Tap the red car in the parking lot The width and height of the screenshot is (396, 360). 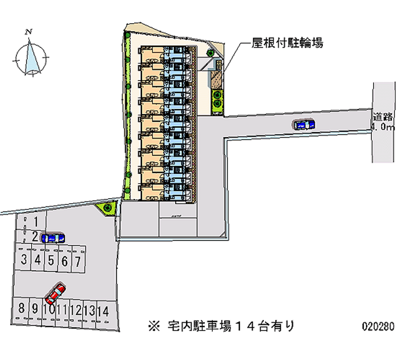(55, 294)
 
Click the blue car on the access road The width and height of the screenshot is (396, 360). (303, 125)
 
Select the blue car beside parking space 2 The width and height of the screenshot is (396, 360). (52, 238)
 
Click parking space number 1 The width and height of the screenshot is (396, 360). (35, 221)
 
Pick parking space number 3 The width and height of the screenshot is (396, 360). (24, 260)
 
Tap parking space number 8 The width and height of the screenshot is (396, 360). (21, 309)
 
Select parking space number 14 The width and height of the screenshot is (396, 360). (102, 310)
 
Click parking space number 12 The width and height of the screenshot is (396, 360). (76, 310)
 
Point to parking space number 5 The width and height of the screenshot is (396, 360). (51, 260)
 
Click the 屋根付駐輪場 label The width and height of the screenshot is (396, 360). (287, 44)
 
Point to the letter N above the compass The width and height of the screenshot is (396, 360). (29, 33)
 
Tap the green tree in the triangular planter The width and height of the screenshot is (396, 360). (107, 208)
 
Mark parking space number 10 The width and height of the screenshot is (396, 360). (49, 310)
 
